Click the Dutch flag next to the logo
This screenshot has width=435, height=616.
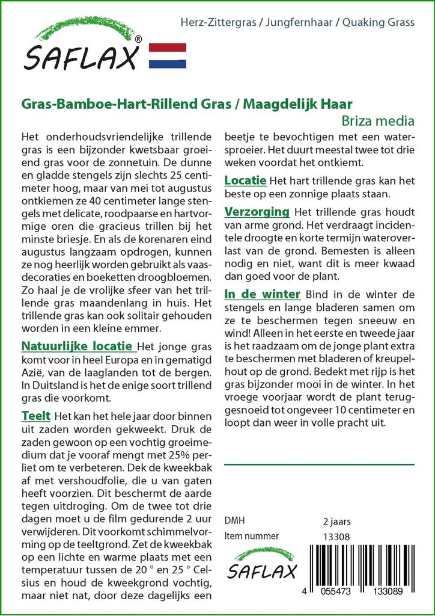167,55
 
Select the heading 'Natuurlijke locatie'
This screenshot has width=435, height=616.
77,346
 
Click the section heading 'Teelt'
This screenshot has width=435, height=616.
35,416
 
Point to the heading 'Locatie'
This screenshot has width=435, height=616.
245,180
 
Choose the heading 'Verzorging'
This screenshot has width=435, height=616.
257,212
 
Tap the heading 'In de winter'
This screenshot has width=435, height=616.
262,294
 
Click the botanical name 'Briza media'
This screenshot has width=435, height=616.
378,120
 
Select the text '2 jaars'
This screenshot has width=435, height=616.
336,520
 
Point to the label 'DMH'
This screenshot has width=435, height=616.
234,520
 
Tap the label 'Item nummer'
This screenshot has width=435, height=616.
251,536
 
